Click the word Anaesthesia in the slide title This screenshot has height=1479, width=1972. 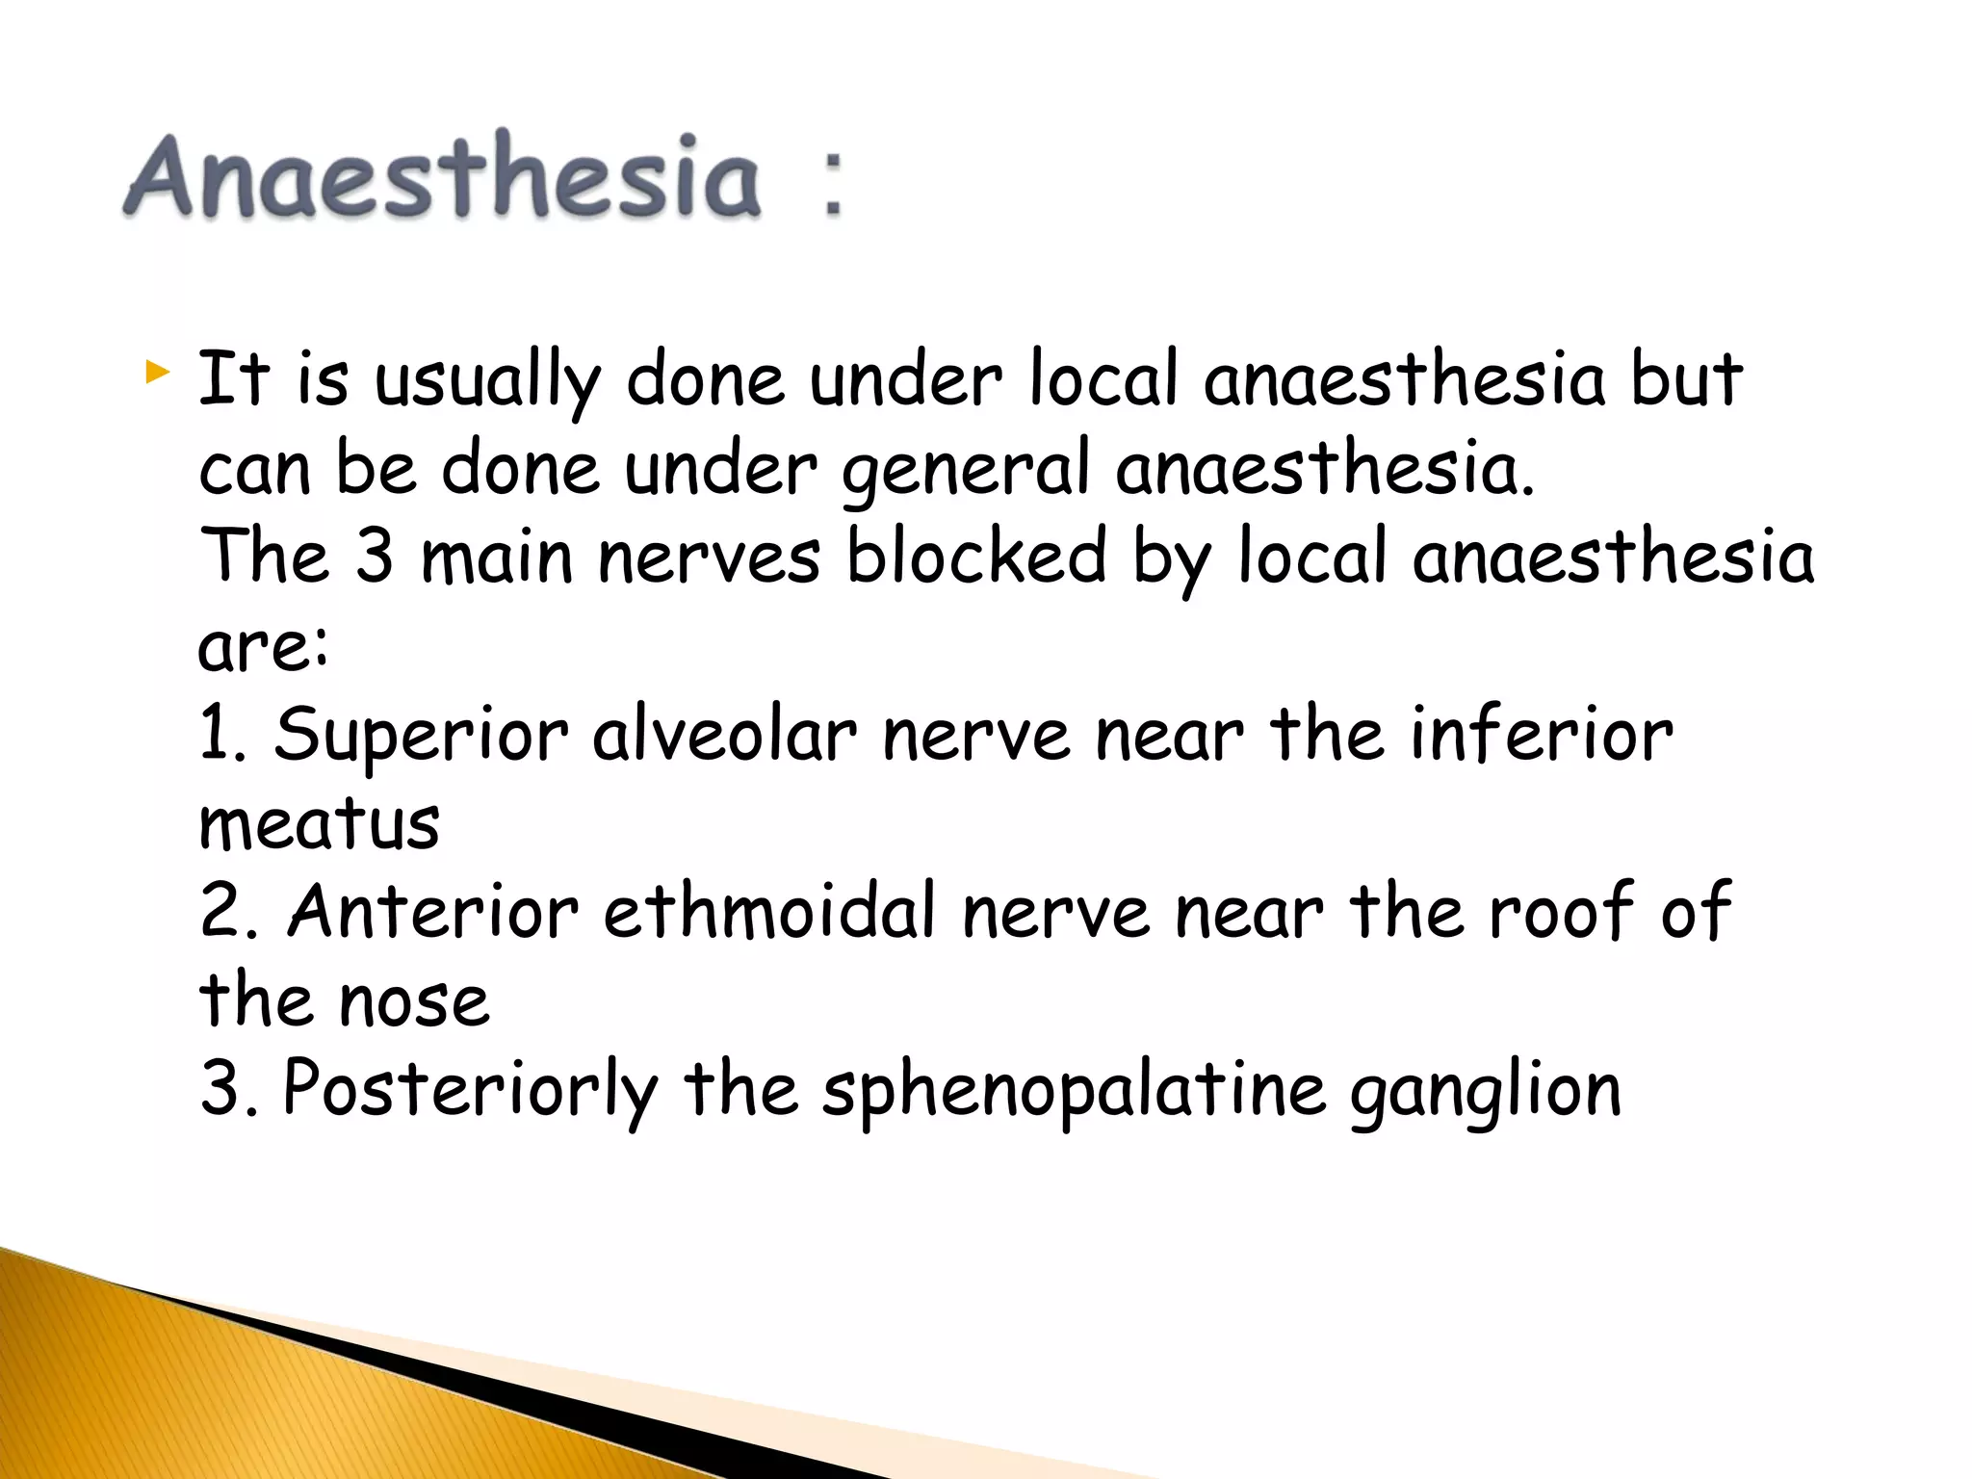443,176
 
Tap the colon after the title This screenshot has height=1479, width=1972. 832,183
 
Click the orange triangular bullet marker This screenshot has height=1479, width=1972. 157,372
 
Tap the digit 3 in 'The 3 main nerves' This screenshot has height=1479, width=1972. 374,556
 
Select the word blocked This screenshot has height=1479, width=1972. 976,556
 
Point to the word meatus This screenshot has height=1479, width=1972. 319,824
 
